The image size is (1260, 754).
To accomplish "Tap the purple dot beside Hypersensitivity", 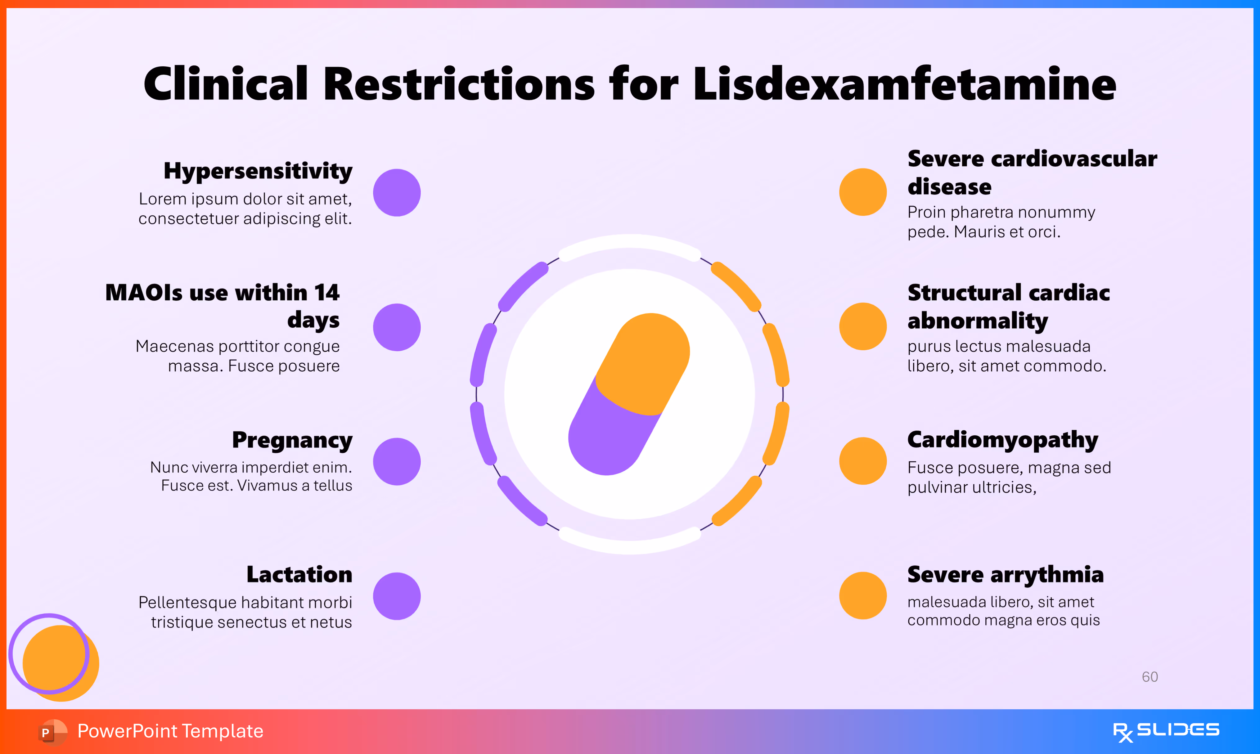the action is coord(397,193).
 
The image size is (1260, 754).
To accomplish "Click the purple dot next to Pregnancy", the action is coord(397,461).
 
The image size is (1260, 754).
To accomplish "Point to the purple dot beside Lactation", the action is coord(397,596).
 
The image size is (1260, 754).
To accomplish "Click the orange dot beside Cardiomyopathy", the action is coord(863,461).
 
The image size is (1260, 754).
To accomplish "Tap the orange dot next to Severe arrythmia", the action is coord(863,595).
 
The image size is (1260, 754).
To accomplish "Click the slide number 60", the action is coord(1150,677).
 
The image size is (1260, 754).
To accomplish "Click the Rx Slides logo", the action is coord(1166,731).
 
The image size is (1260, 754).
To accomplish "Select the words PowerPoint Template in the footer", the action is coord(170,731).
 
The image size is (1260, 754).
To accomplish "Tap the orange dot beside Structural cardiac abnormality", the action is coord(863,326).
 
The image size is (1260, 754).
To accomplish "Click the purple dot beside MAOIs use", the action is coord(397,327).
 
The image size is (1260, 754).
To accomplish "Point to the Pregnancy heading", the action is coord(292,440).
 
